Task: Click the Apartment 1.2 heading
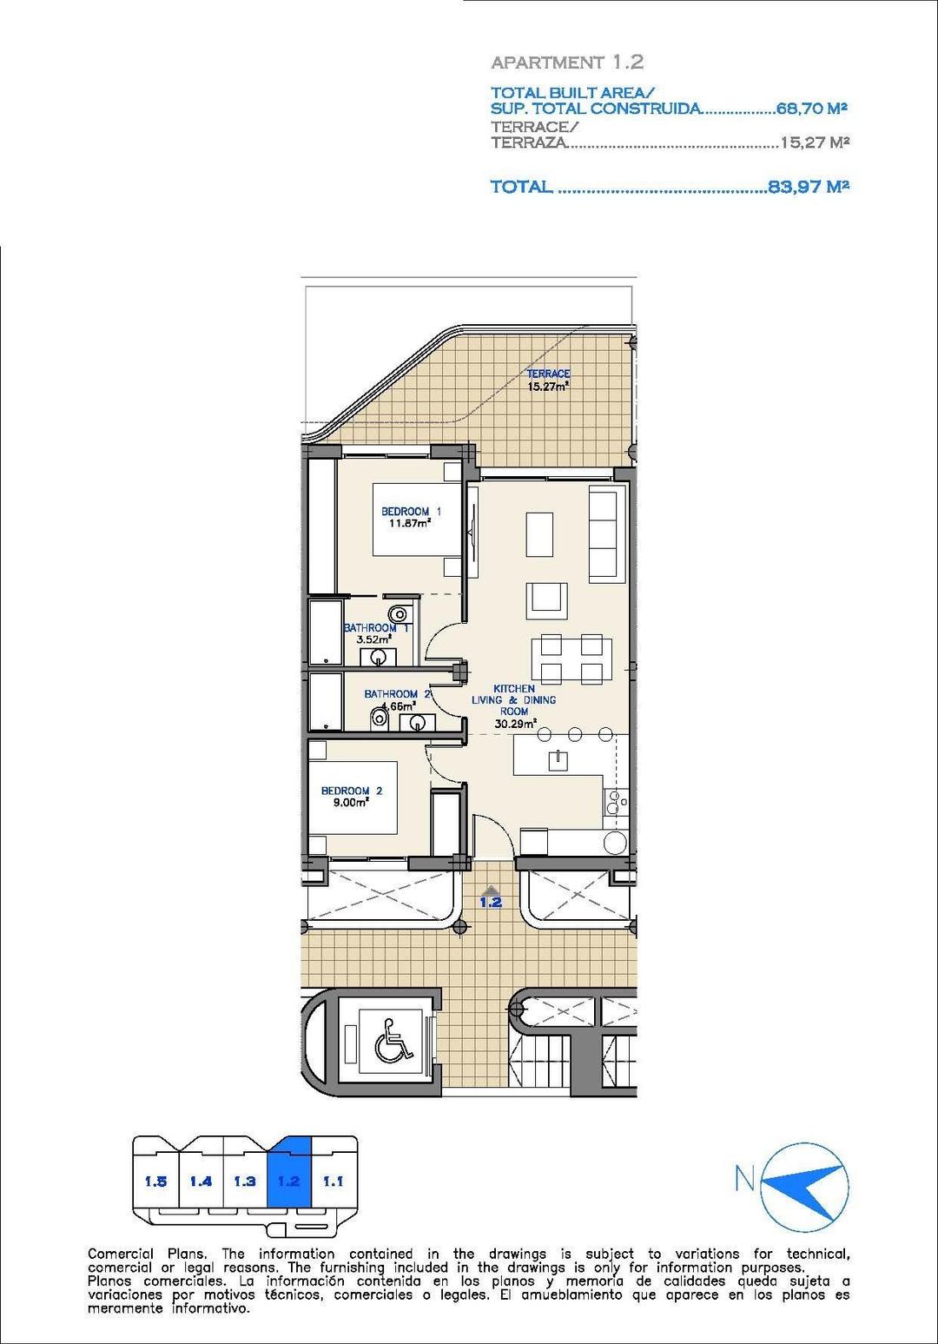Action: [x=566, y=63]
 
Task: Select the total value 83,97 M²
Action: [x=808, y=186]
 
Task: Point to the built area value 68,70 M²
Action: [x=811, y=109]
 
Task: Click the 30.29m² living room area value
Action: [x=513, y=722]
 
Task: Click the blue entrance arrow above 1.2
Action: [x=491, y=890]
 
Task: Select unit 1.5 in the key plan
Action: [x=155, y=1182]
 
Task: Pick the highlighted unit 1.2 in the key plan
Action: [x=288, y=1181]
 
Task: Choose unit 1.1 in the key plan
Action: [x=333, y=1182]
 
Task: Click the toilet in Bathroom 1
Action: [x=398, y=614]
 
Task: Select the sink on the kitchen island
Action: [x=557, y=761]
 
